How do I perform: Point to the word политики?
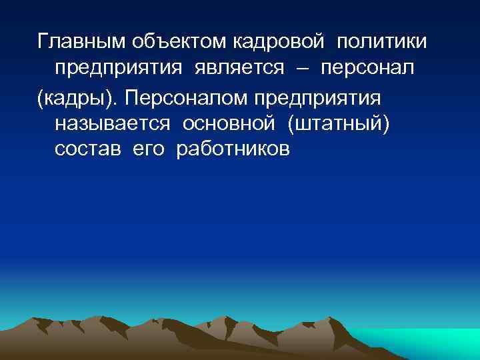point(383,43)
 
